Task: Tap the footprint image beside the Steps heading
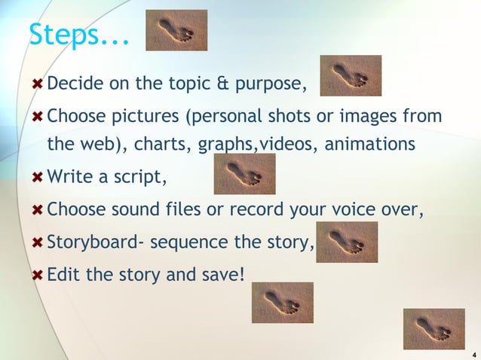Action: pos(176,30)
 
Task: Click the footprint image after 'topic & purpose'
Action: pos(351,75)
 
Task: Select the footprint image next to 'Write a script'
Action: pos(245,174)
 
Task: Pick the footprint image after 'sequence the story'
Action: pos(347,242)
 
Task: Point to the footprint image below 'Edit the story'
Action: pos(283,302)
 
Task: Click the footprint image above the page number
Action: pos(434,329)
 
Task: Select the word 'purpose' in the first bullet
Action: pos(271,84)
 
